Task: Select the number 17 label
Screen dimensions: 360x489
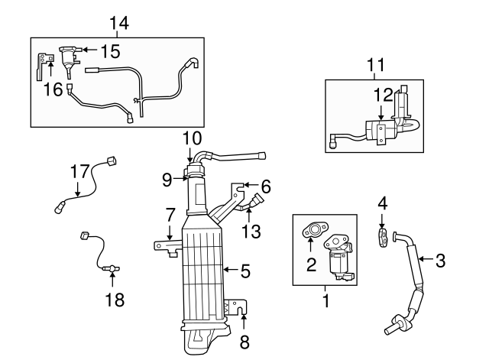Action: click(79, 171)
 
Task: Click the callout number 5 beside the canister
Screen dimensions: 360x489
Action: click(245, 270)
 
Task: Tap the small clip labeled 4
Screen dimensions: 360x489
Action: click(384, 235)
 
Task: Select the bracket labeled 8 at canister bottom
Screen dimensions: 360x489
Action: click(239, 310)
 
